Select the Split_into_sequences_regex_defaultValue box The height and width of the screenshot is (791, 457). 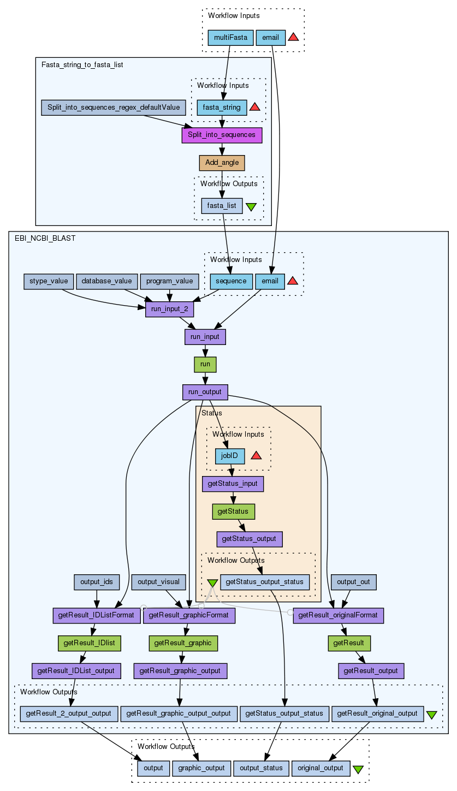coord(114,108)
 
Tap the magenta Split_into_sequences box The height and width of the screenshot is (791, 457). coord(222,135)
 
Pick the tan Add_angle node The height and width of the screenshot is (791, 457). coord(222,163)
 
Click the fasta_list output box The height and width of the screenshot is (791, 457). coord(222,206)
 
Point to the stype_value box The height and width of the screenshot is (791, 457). coord(48,281)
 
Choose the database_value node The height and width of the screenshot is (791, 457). coord(106,281)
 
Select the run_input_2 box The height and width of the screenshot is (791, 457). coord(170,310)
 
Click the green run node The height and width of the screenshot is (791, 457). coord(205,364)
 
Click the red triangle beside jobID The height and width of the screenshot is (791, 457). coord(256,455)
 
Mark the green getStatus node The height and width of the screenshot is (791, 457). coord(233,512)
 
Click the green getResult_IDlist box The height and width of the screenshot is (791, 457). coord(89,643)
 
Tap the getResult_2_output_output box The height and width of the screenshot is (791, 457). coord(69,713)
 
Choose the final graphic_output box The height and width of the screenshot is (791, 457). coord(200,768)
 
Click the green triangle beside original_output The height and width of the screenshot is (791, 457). coord(358,769)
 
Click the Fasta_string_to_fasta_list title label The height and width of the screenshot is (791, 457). coord(82,65)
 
